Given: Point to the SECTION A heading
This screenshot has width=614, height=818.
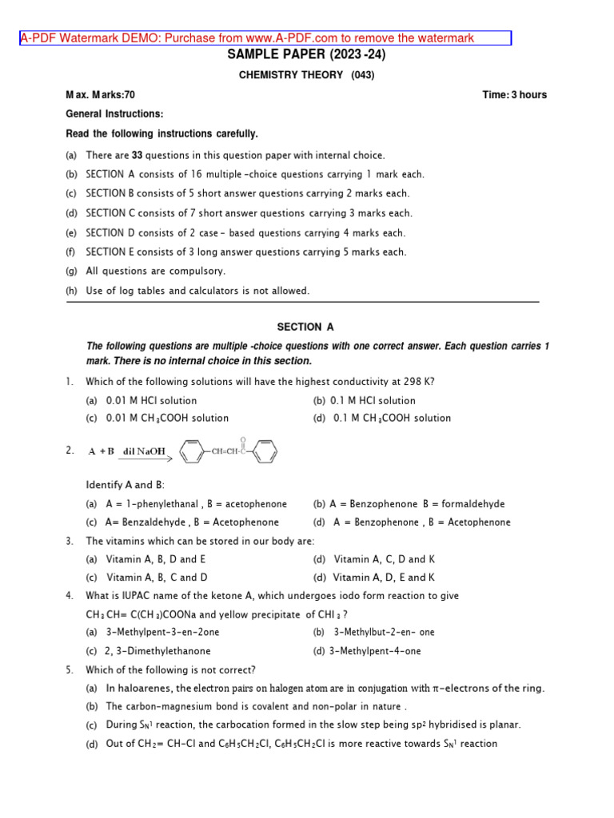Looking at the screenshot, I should point(305,327).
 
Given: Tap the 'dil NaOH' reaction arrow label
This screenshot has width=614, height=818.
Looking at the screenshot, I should point(145,451).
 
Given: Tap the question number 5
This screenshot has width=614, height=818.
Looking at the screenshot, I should point(70,670).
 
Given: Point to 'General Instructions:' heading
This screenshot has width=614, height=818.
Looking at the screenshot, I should point(114,114).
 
